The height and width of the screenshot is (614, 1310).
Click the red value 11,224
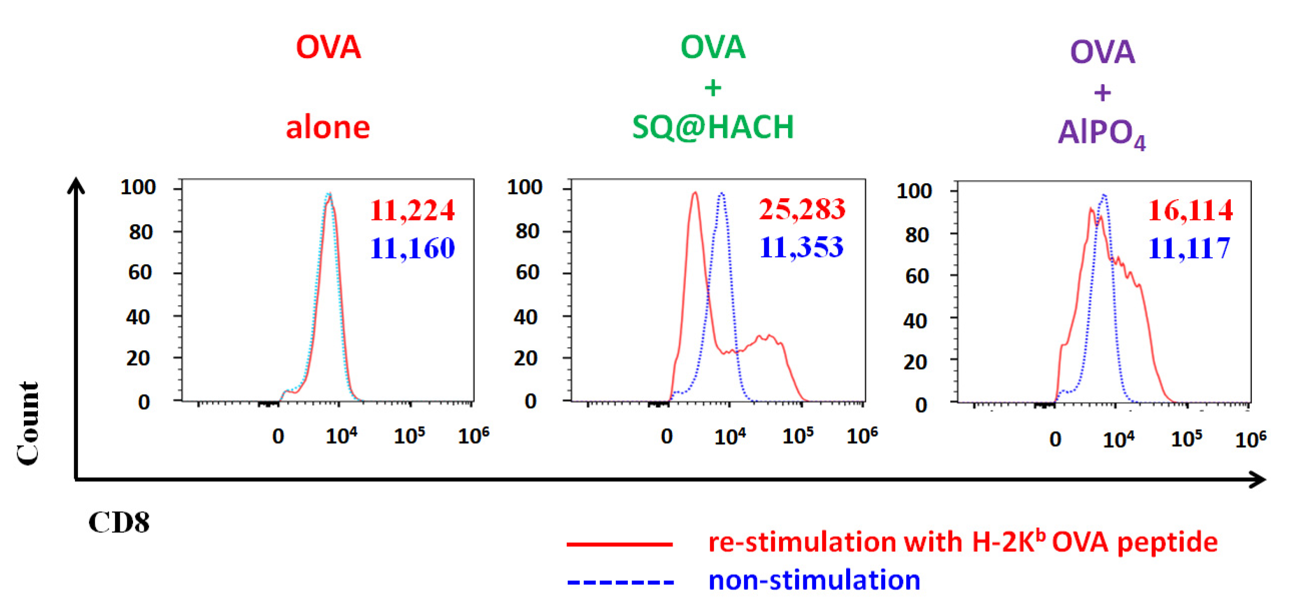[412, 210]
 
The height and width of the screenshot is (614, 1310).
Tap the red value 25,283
[802, 209]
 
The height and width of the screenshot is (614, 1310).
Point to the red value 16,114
[1191, 210]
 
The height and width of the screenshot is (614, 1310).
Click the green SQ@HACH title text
[712, 127]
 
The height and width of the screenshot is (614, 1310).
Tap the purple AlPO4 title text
[1102, 133]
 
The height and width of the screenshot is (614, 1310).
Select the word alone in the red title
[327, 127]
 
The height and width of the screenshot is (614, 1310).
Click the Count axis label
[28, 423]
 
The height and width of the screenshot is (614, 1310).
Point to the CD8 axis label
[119, 522]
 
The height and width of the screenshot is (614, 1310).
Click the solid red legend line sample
[620, 544]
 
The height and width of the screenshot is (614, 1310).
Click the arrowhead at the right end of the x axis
[1258, 479]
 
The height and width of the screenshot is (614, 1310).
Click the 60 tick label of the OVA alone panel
[140, 273]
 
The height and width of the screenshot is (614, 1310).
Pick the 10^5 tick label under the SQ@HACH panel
[798, 436]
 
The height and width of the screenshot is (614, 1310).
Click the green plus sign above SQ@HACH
[712, 87]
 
